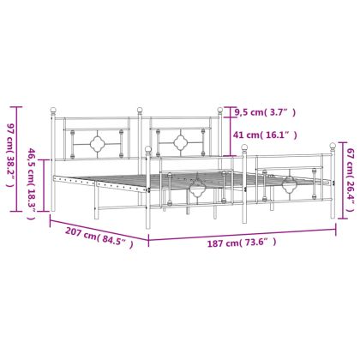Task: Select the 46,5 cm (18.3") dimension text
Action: point(32,184)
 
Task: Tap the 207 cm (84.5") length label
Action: point(99,237)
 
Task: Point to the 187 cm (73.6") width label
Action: point(242,243)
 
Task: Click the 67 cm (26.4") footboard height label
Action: point(350,180)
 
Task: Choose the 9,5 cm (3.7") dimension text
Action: point(265,112)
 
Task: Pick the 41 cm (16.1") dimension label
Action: point(265,135)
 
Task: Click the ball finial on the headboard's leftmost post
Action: point(53,110)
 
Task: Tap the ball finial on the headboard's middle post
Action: point(140,110)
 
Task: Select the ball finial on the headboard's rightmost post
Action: point(219,110)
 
